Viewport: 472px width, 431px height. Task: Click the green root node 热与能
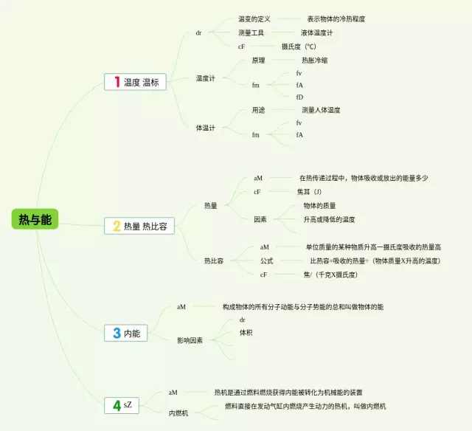[35, 218]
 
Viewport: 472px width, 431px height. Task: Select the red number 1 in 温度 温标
[116, 82]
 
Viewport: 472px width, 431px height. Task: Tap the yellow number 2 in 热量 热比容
[116, 227]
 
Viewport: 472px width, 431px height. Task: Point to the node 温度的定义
[254, 18]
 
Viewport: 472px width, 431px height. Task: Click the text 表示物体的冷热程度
[336, 18]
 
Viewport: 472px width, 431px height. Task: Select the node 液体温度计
[316, 32]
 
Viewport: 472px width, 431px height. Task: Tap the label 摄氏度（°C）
[299, 46]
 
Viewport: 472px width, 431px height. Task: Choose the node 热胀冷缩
[315, 61]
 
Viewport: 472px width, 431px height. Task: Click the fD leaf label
[299, 97]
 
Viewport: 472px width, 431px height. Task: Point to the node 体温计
[205, 128]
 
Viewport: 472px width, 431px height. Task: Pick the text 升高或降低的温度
[329, 219]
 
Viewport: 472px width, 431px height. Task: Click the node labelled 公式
[266, 261]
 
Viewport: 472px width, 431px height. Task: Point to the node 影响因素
[190, 340]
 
